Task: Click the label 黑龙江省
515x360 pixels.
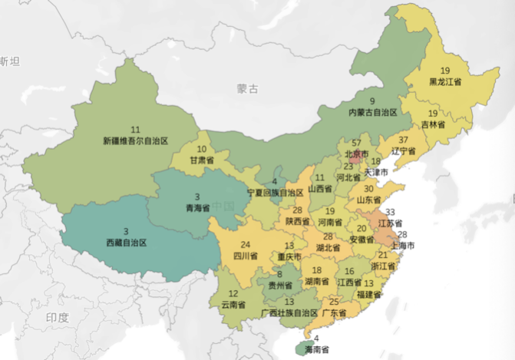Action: click(x=446, y=81)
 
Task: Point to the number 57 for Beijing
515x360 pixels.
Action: click(x=356, y=143)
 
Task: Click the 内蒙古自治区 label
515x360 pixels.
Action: click(x=372, y=112)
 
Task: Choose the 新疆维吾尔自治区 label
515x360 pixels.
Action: click(x=135, y=140)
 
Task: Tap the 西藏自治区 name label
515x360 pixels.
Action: click(x=126, y=242)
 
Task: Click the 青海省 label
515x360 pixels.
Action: click(x=197, y=207)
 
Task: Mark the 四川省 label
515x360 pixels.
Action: click(x=246, y=256)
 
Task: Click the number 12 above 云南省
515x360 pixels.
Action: click(x=234, y=293)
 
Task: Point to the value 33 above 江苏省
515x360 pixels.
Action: click(x=389, y=212)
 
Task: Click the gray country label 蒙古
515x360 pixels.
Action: click(x=247, y=90)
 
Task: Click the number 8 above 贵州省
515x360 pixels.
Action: click(x=280, y=274)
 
